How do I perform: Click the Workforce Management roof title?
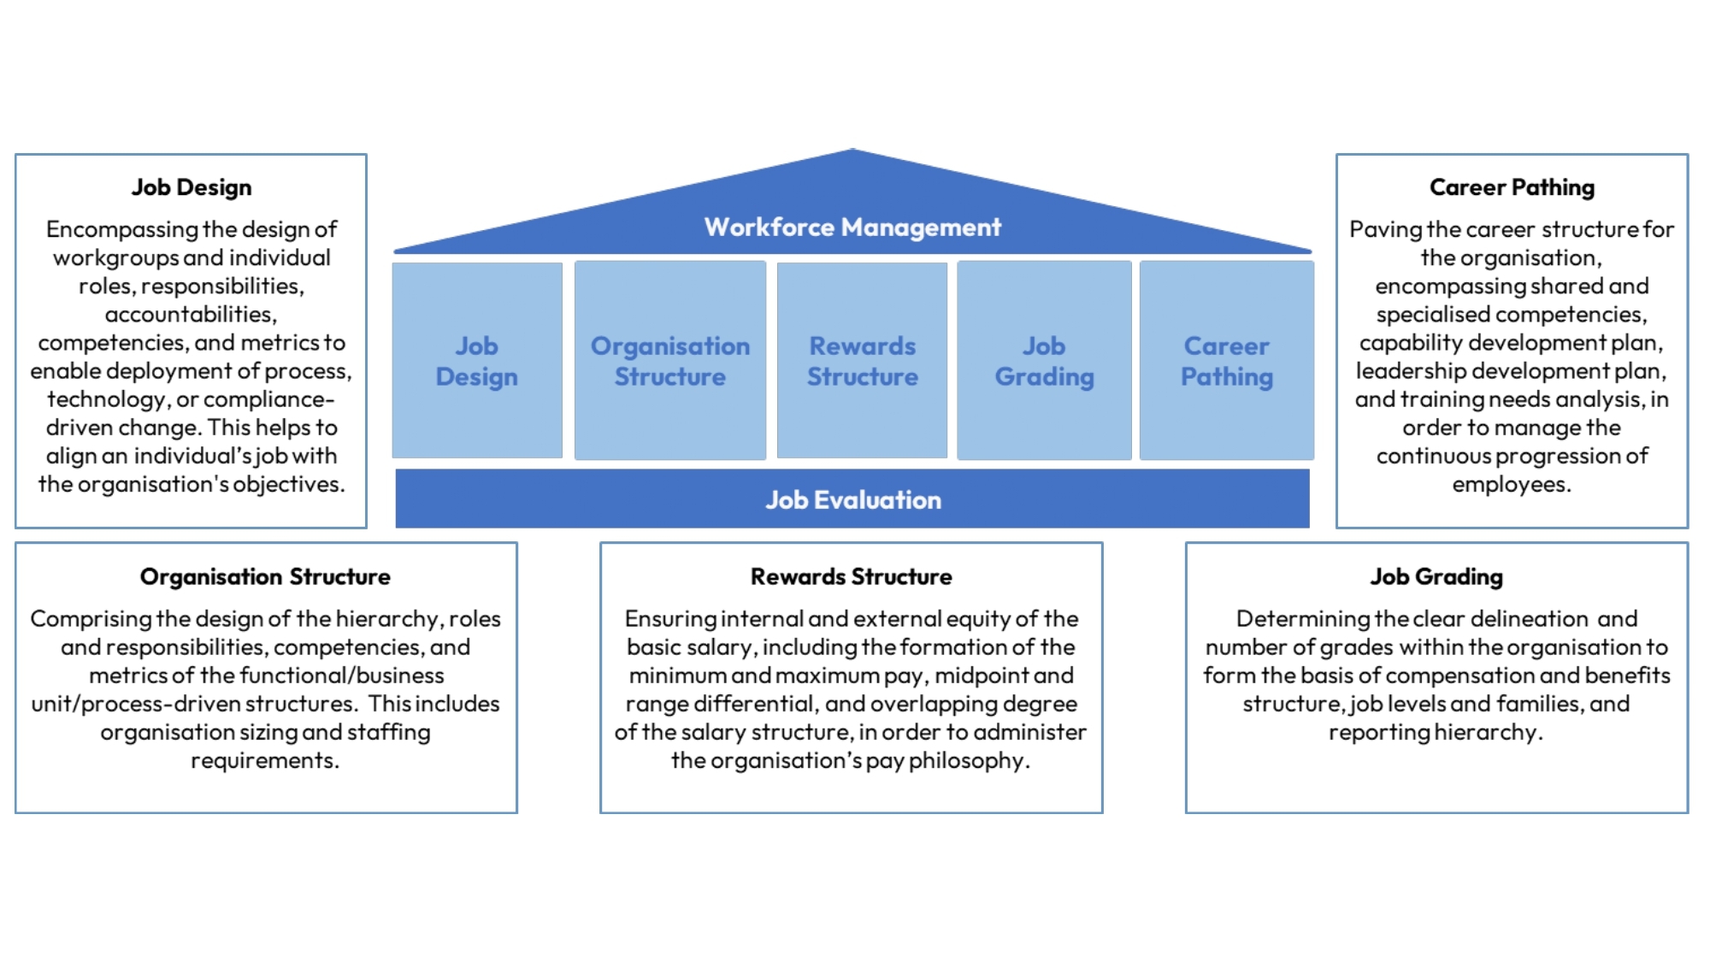click(852, 227)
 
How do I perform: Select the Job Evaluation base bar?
click(852, 499)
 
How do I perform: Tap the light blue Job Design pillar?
click(477, 361)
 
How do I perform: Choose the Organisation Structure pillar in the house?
click(670, 361)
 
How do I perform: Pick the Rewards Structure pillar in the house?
click(862, 361)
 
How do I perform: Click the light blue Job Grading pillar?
click(1044, 361)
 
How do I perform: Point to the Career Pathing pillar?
click(1227, 361)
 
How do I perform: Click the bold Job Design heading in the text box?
click(192, 187)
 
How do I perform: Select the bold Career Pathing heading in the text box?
click(1512, 187)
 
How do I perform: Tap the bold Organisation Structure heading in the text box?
click(265, 576)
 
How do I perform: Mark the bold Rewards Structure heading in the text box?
click(851, 576)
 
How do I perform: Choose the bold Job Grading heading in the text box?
click(1436, 576)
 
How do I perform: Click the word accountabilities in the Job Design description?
click(190, 315)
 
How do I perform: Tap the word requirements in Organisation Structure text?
click(264, 761)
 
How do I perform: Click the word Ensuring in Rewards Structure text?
click(670, 618)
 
